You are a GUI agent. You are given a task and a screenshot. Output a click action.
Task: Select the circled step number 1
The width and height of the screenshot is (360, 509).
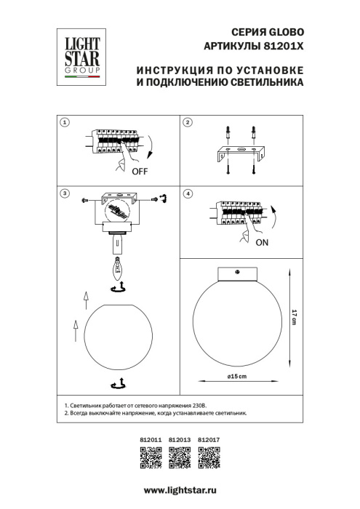[65, 123]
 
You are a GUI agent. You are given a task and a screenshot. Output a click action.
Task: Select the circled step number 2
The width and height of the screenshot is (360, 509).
[188, 123]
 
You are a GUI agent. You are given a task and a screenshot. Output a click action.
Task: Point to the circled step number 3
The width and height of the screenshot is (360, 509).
[65, 194]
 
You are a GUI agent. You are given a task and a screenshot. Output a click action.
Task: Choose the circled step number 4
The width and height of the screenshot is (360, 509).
[188, 194]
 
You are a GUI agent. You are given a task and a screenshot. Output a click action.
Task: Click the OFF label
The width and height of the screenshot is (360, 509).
[140, 172]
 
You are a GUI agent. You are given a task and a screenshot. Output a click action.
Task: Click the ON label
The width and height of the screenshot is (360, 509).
[263, 243]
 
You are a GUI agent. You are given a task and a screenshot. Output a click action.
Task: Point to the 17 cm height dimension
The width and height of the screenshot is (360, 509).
[294, 318]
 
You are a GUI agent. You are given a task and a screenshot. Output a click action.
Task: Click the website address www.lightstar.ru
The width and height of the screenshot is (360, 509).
[180, 491]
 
